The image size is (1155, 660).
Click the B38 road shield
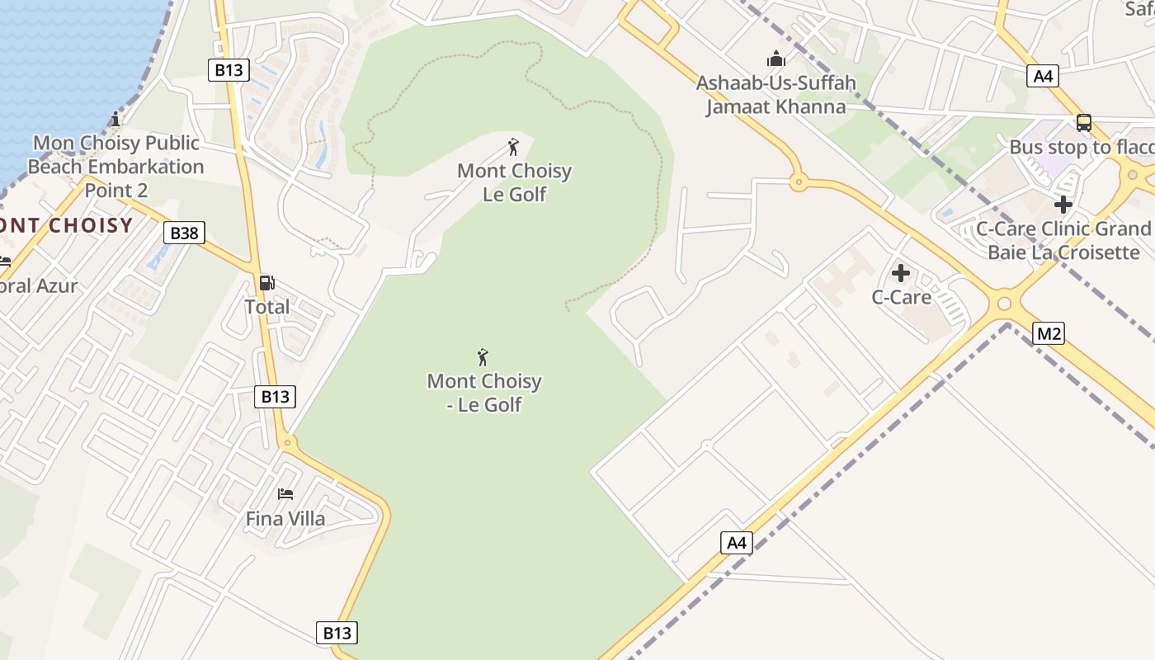[184, 233]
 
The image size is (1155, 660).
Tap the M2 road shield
[1048, 333]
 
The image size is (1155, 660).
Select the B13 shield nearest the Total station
[275, 396]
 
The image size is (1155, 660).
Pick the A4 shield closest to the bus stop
[1044, 76]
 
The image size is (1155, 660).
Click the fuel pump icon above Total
[266, 283]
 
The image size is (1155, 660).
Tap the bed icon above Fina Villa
[285, 494]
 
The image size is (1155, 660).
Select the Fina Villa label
[285, 519]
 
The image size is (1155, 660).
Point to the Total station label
[266, 307]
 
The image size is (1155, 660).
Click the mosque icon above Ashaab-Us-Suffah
[775, 59]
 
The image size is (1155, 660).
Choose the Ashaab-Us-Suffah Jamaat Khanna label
[775, 95]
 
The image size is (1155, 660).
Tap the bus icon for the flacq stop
[1084, 123]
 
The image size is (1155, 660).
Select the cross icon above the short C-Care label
[901, 272]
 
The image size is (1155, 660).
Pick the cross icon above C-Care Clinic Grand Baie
[1063, 204]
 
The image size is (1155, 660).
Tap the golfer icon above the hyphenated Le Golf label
[483, 357]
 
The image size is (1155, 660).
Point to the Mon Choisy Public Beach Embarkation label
[115, 166]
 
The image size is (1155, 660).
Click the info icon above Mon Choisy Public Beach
[115, 120]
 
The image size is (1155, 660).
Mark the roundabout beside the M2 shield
[1004, 304]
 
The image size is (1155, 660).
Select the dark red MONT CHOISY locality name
[66, 225]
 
